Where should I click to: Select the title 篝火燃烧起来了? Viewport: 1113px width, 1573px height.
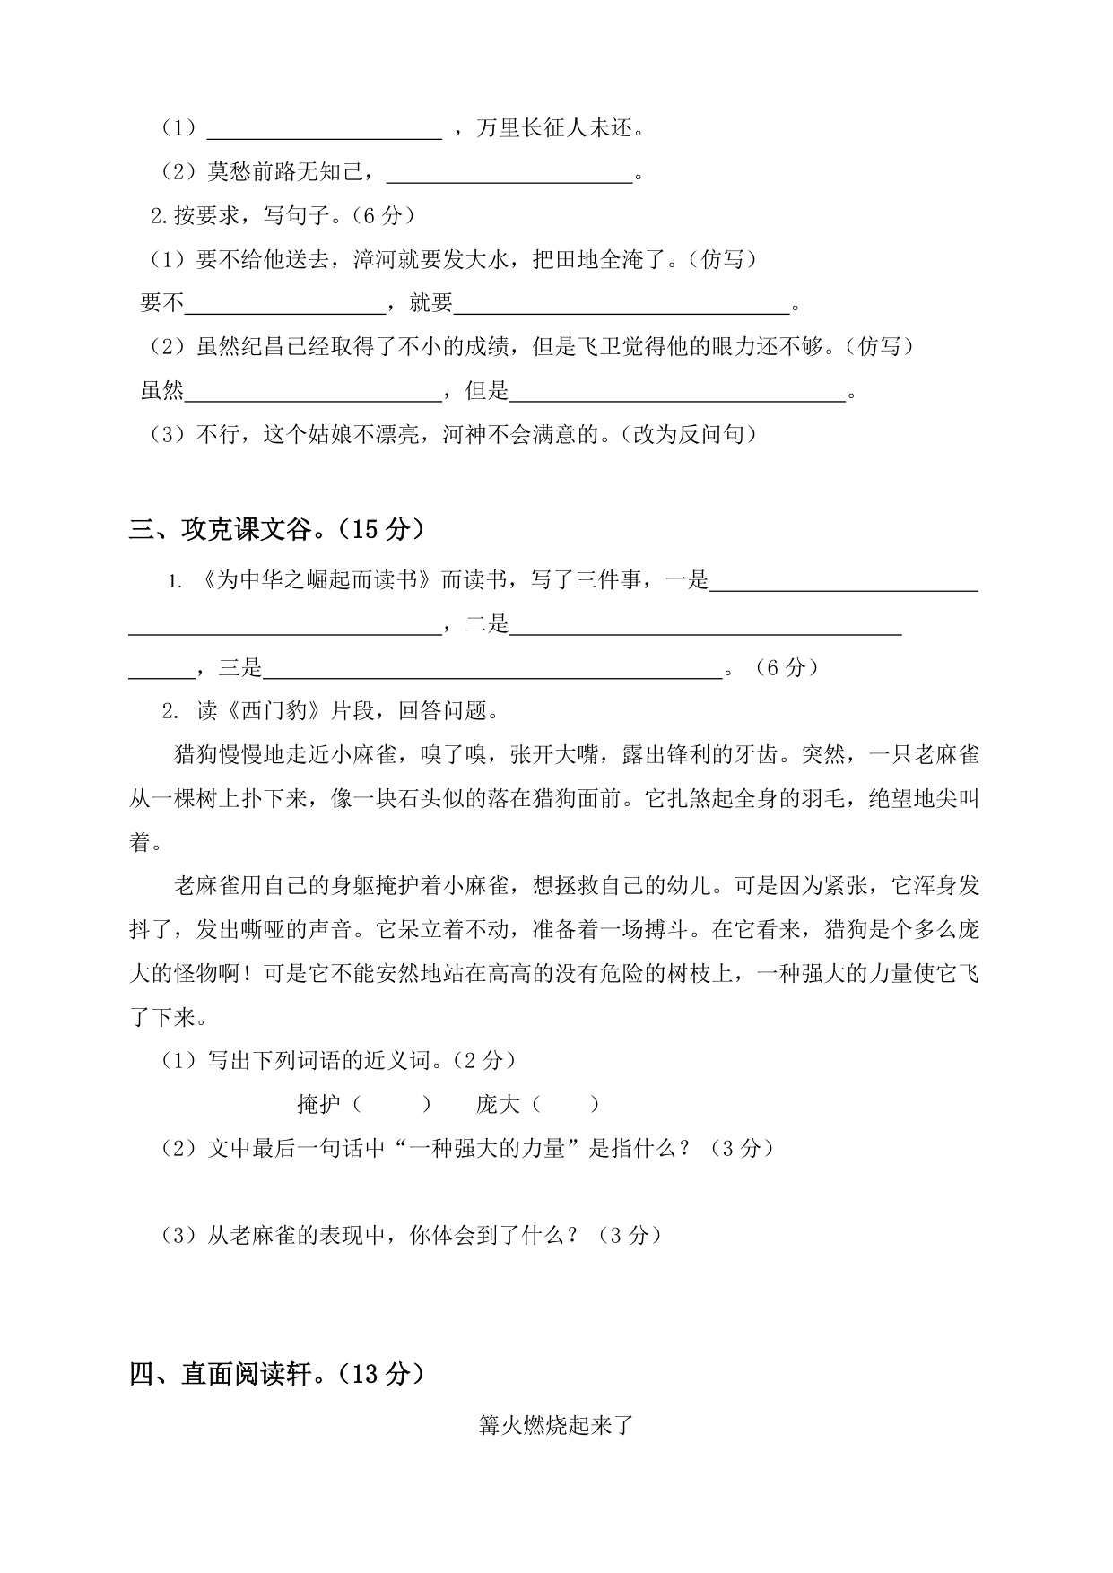[556, 1425]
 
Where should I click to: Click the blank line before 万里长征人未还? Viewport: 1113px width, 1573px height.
[325, 131]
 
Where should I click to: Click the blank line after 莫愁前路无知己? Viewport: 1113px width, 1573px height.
[509, 174]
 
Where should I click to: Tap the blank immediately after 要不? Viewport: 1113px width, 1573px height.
[285, 305]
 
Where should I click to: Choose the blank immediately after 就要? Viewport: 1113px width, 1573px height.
[622, 305]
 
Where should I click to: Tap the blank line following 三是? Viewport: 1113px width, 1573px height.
[493, 669]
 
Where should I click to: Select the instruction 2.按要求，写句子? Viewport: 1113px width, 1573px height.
[246, 216]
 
